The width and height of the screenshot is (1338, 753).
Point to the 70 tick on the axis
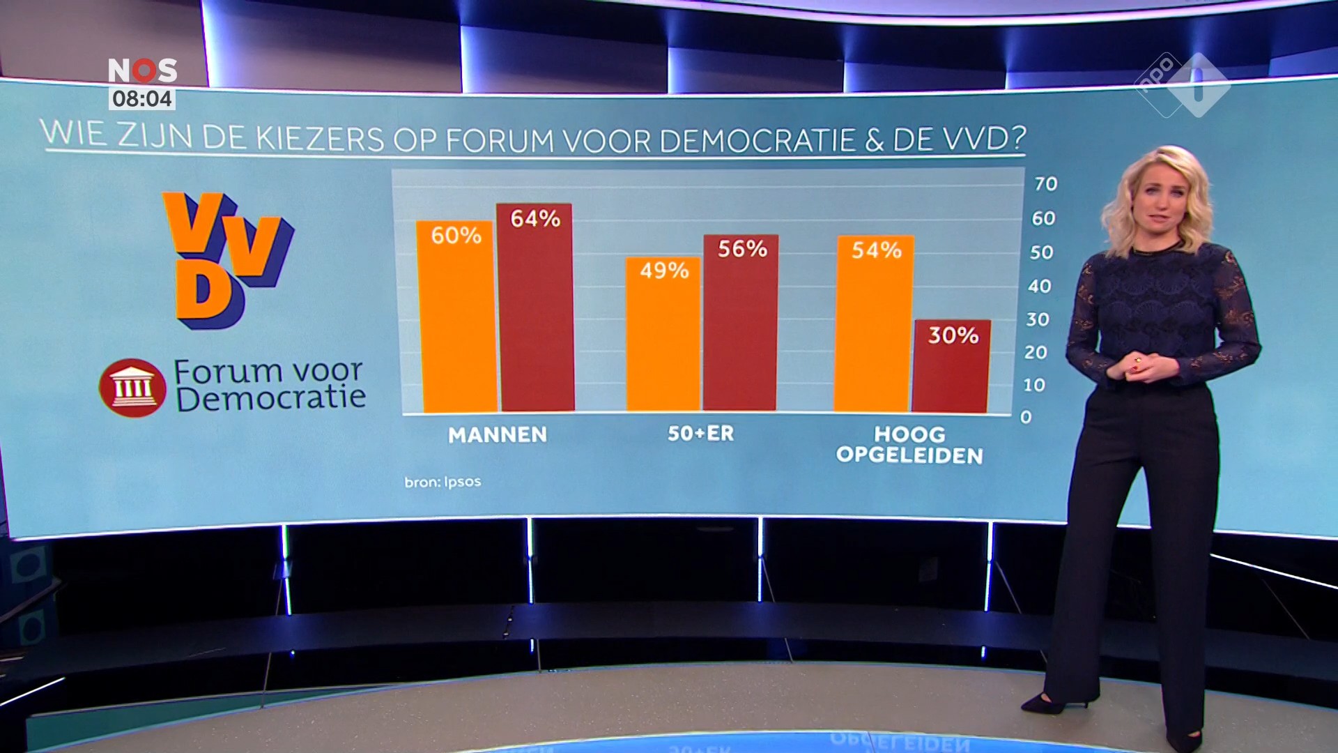click(x=1045, y=184)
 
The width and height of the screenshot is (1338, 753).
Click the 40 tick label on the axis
click(x=1039, y=286)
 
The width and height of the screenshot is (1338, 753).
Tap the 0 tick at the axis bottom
click(x=1026, y=417)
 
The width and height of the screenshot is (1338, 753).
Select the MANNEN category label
click(x=498, y=435)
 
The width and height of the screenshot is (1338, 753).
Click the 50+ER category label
click(x=700, y=434)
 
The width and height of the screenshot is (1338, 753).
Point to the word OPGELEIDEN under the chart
click(x=909, y=456)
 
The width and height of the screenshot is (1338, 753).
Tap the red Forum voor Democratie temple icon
click(x=132, y=388)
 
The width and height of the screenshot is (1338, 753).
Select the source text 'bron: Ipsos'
click(x=443, y=482)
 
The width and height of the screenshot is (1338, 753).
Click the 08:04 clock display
click(x=142, y=99)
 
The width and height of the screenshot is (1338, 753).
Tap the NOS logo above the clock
click(x=142, y=70)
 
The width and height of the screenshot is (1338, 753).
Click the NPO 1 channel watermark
click(x=1183, y=84)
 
